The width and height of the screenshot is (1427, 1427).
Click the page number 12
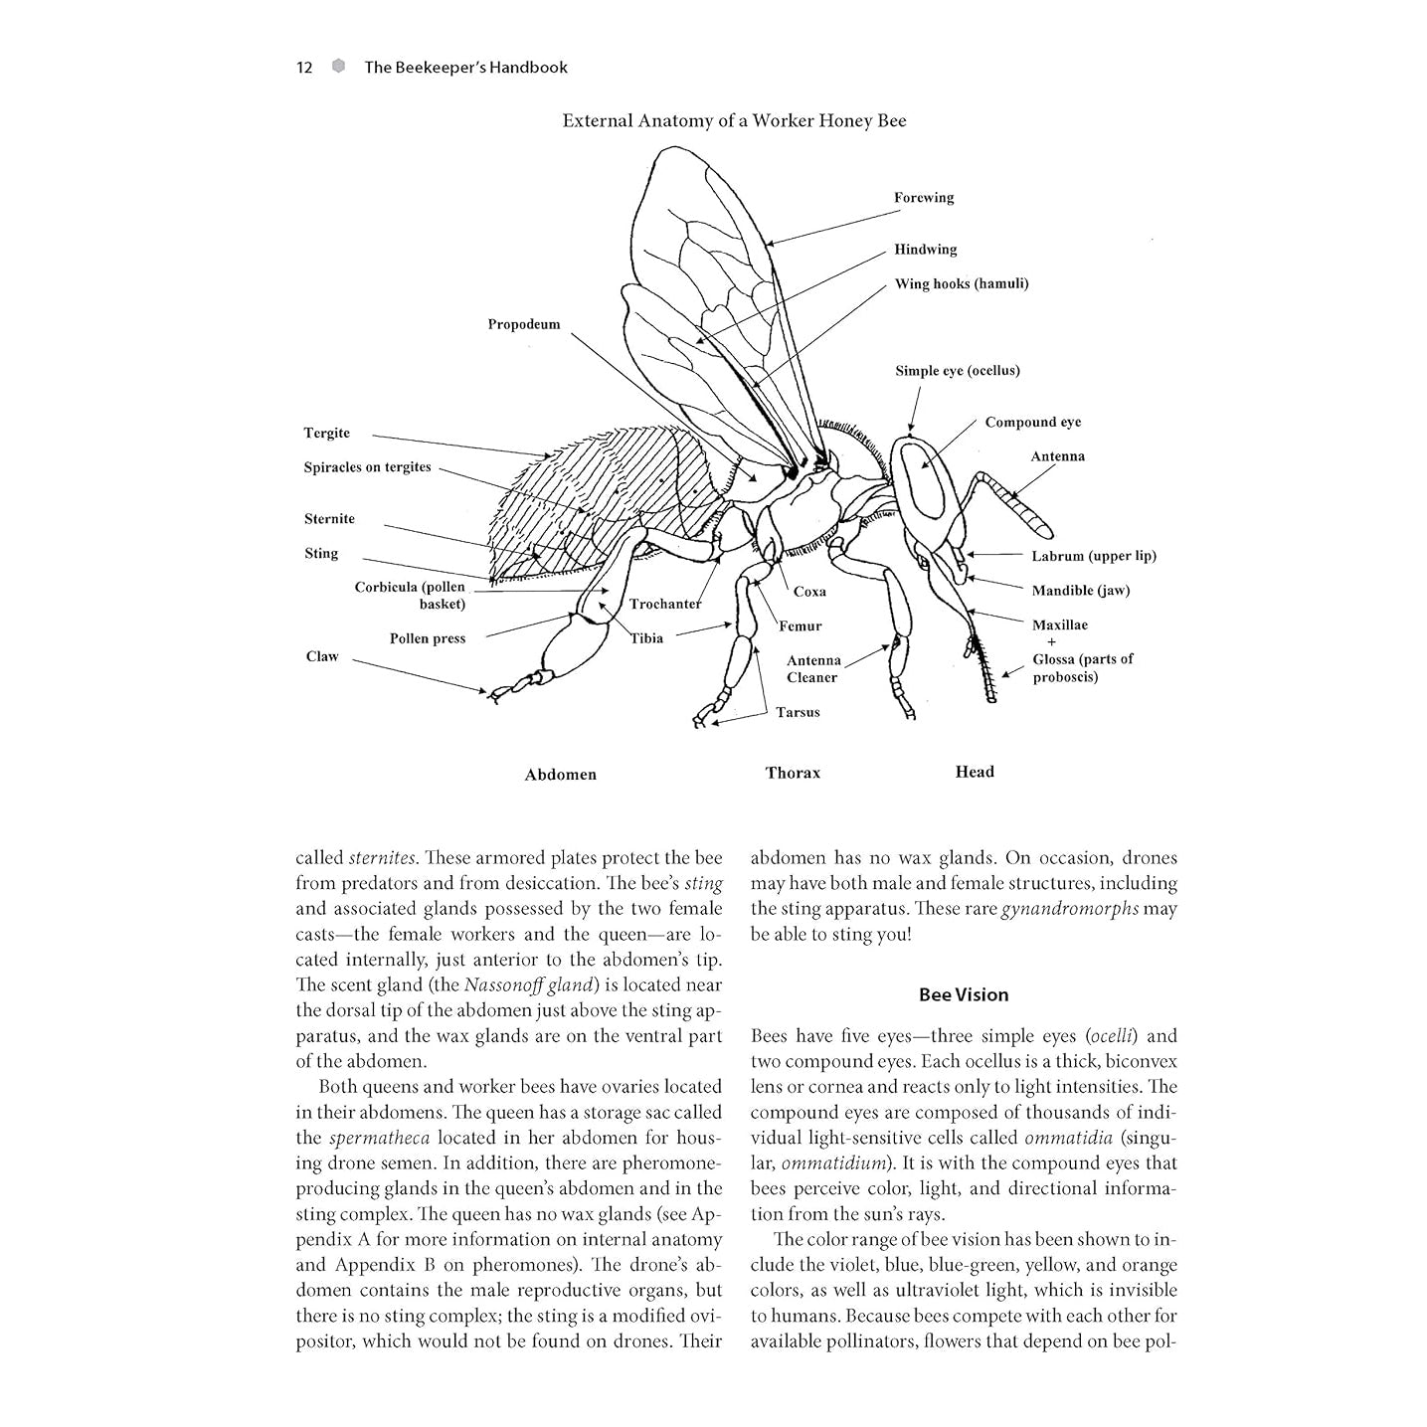click(304, 68)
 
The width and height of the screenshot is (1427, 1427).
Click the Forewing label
click(923, 198)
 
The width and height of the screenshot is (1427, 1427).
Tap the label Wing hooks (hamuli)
click(961, 284)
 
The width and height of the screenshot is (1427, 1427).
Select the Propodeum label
click(523, 325)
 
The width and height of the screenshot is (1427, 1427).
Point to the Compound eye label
click(1032, 423)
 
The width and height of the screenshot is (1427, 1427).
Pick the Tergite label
click(326, 434)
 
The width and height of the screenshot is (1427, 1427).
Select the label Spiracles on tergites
click(367, 467)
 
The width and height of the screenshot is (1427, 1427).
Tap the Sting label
click(320, 554)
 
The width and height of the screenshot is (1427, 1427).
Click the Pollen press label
click(427, 639)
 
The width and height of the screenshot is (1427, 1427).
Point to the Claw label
click(321, 657)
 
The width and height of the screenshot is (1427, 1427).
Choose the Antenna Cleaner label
click(812, 669)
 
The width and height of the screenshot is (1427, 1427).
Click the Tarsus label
click(798, 713)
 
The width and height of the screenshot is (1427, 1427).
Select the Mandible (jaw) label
click(1080, 591)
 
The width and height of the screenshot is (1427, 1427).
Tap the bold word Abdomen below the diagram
click(560, 775)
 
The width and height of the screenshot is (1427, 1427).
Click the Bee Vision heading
click(963, 994)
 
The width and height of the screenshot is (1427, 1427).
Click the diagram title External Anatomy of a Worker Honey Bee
click(734, 121)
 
